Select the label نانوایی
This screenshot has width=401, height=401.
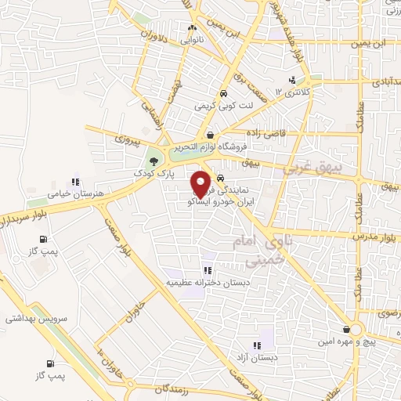193,38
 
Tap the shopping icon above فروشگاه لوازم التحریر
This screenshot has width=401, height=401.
209,135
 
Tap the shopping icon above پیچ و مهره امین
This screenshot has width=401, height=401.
345,330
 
